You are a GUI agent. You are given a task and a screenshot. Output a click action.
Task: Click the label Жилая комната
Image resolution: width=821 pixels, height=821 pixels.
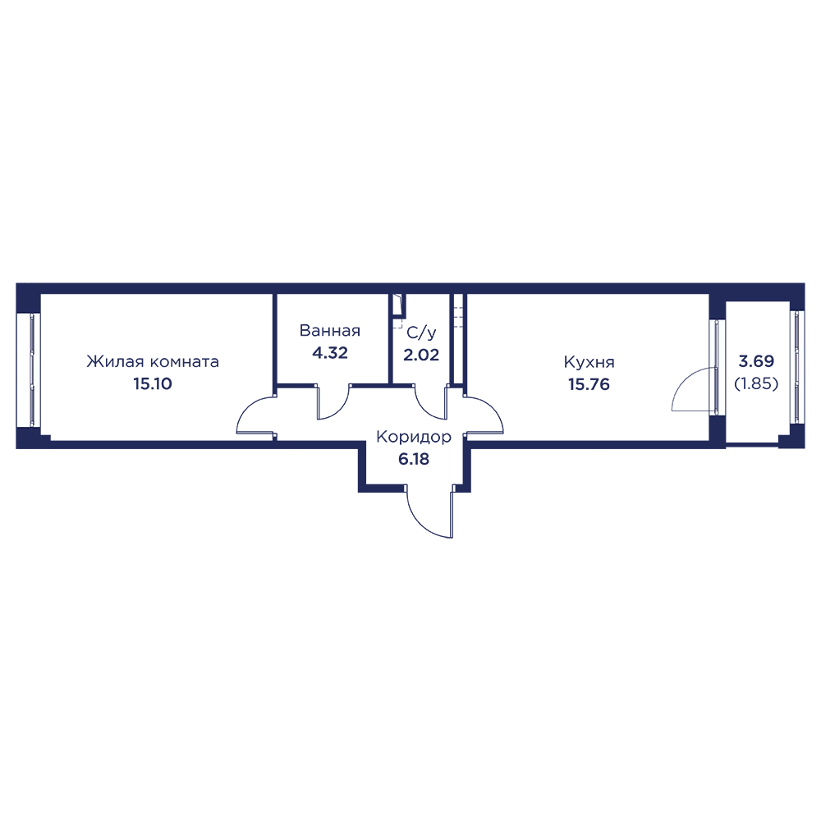(x=153, y=362)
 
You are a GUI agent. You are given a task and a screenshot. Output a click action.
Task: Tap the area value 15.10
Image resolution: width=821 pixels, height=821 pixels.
(x=153, y=384)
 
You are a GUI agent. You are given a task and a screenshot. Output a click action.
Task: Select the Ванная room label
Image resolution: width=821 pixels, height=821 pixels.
(x=330, y=330)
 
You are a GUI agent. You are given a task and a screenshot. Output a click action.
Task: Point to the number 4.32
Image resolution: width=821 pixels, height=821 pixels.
(x=330, y=353)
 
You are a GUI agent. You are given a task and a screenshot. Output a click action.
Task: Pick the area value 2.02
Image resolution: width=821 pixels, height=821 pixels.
(x=421, y=355)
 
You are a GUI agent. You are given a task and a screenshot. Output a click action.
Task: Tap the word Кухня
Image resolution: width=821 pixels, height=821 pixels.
(x=589, y=362)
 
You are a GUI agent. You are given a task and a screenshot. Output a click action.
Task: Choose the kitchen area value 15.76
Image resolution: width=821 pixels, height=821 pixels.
(x=589, y=384)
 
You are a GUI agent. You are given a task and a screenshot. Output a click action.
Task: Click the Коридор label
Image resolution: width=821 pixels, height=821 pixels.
(x=414, y=437)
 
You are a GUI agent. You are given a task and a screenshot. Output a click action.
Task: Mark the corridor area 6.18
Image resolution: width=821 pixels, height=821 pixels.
(x=414, y=459)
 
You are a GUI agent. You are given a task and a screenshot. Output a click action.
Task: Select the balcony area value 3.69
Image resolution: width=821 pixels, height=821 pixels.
(x=756, y=361)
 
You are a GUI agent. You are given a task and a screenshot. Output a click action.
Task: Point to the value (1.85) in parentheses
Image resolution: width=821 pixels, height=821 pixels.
(x=756, y=383)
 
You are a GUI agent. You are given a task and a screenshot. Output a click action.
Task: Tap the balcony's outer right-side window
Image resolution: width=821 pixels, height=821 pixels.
(x=797, y=366)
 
